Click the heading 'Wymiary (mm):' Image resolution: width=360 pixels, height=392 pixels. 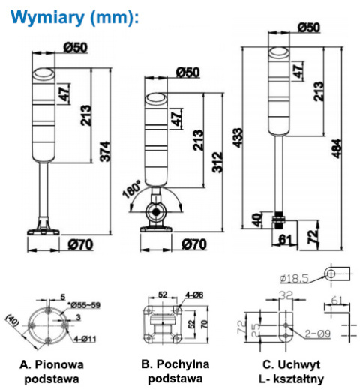click(x=74, y=18)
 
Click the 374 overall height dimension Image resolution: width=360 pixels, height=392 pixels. click(x=105, y=151)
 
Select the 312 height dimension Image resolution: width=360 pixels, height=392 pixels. click(x=217, y=162)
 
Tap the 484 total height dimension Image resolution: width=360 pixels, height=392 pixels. click(x=337, y=148)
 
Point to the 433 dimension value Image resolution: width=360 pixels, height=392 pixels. click(x=238, y=138)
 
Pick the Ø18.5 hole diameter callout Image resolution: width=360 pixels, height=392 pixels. click(x=294, y=279)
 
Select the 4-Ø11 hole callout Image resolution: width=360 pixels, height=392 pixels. click(x=85, y=340)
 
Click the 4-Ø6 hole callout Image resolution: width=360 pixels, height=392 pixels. click(x=194, y=295)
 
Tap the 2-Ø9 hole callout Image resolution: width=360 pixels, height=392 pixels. click(x=317, y=334)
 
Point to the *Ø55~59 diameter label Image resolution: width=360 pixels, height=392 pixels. click(x=84, y=305)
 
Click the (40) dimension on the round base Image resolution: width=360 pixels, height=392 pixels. click(x=13, y=320)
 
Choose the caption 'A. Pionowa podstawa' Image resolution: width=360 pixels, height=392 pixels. click(x=52, y=372)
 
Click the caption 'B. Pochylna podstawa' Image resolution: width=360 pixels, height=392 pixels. click(x=175, y=371)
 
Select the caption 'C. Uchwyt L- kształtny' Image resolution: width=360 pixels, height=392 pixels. click(x=292, y=372)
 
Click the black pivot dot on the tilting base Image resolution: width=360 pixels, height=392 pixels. click(x=156, y=212)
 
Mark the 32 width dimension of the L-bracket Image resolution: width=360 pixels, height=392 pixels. click(x=286, y=295)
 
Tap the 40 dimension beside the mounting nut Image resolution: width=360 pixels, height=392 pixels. click(x=256, y=220)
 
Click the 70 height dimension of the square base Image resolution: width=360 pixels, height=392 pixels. click(x=205, y=324)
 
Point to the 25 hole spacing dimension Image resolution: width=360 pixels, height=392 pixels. click(x=256, y=330)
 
